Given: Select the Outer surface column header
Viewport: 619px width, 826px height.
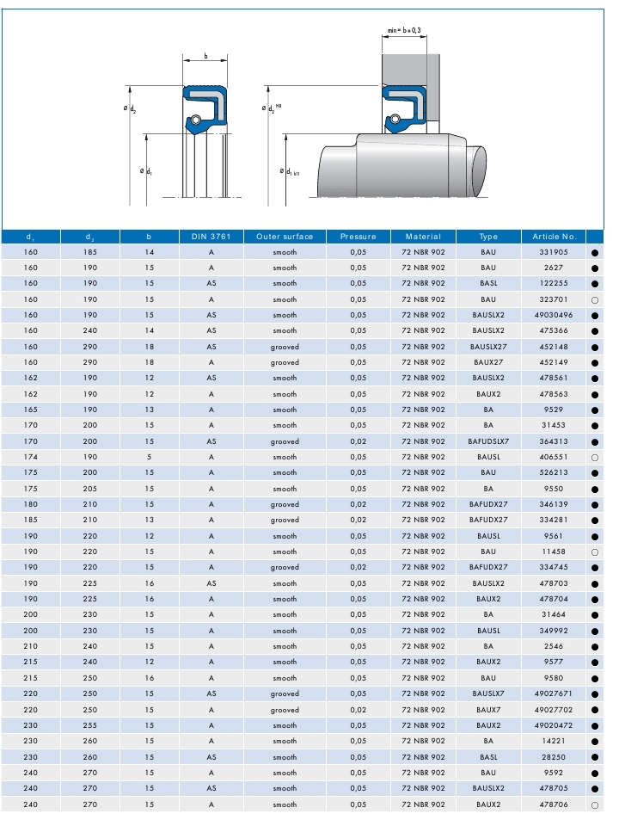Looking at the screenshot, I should click(x=285, y=237).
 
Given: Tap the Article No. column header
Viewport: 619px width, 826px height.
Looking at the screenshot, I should click(x=554, y=237).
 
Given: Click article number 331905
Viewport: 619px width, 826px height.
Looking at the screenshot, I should click(x=554, y=252).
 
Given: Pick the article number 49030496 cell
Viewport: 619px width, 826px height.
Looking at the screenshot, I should click(x=554, y=315).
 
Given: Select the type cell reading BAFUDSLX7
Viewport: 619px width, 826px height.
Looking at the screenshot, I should click(x=488, y=441).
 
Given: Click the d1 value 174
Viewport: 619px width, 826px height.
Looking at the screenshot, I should click(x=30, y=457).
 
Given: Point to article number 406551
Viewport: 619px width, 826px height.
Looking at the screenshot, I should click(x=554, y=457).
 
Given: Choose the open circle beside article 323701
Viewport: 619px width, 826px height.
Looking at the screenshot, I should click(x=595, y=300).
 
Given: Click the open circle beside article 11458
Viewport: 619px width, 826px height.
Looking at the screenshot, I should click(x=595, y=552).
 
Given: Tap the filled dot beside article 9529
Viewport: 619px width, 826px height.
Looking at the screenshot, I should click(x=595, y=410).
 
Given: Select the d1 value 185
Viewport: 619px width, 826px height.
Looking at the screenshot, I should click(x=30, y=521).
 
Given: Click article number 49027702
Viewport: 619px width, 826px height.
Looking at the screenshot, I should click(x=554, y=710).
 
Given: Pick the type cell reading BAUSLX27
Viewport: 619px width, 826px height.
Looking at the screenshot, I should click(x=488, y=347).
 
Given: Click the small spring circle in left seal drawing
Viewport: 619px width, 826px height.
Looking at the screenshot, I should click(x=195, y=119).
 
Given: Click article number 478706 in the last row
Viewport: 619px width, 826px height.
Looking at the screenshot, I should click(x=554, y=804).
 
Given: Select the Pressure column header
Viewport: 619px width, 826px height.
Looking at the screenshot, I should click(x=358, y=237).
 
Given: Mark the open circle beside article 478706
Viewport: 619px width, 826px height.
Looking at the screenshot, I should click(x=595, y=804).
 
